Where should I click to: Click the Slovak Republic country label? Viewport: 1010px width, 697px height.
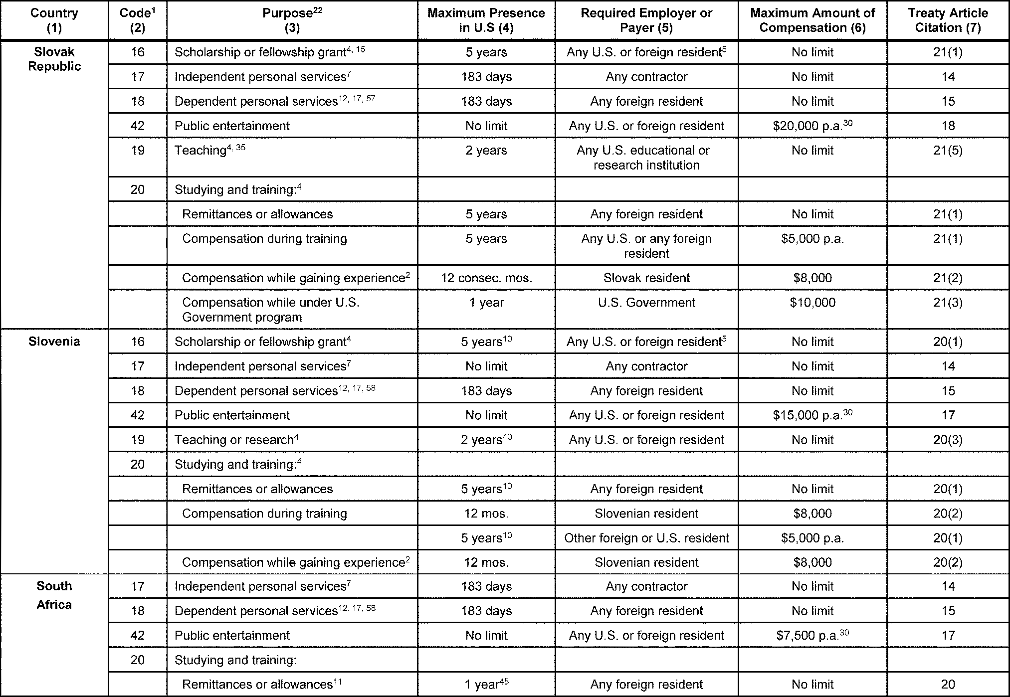click(x=54, y=59)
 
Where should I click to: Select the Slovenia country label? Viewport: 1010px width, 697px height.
click(x=54, y=342)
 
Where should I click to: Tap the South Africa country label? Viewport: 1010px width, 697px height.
click(x=54, y=595)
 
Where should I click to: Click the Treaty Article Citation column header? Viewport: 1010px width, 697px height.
click(x=948, y=20)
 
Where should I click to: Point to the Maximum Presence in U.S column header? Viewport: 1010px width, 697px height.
click(x=486, y=20)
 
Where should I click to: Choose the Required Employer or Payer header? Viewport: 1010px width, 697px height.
click(x=646, y=20)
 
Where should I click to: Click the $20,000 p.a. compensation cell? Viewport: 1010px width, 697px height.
click(x=812, y=126)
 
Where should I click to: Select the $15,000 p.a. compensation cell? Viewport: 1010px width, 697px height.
click(x=812, y=415)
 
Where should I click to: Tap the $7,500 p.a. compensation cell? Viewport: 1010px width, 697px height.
click(x=812, y=635)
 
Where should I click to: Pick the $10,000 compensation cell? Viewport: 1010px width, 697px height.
click(x=812, y=303)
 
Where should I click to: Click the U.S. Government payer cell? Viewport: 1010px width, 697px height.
click(x=646, y=303)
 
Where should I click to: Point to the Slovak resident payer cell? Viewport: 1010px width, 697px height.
click(x=646, y=278)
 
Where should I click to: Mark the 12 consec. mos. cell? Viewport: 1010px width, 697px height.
click(x=486, y=278)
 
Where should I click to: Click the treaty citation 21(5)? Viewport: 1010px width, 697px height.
click(x=948, y=151)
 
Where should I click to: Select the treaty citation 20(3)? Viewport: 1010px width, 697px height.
click(x=948, y=440)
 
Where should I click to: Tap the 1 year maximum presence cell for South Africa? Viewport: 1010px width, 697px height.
click(x=486, y=685)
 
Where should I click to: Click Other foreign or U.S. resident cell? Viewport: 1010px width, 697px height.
click(x=646, y=538)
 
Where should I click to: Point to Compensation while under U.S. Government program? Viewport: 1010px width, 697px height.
click(x=271, y=310)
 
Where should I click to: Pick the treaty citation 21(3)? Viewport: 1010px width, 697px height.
click(x=948, y=303)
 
